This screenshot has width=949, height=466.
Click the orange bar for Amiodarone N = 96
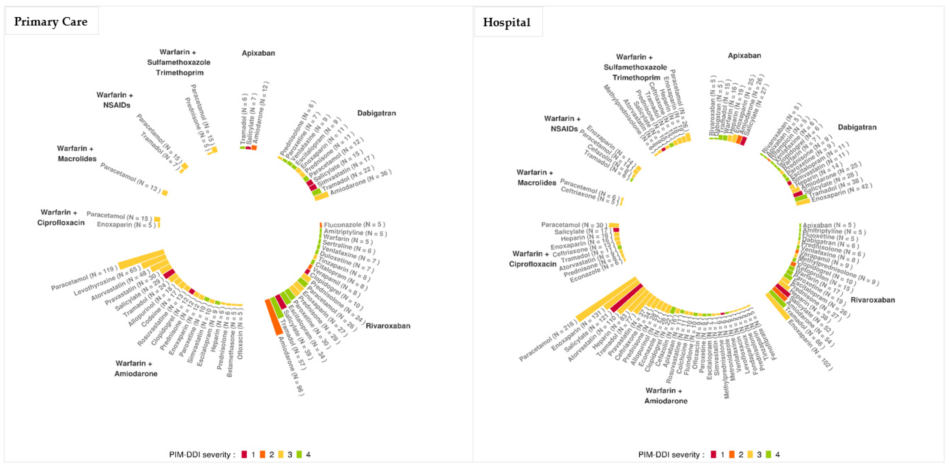click(273, 317)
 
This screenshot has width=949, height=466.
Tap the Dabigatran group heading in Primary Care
click(377, 113)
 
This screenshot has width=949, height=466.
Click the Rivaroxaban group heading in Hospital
click(872, 300)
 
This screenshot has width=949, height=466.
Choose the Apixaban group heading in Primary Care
click(258, 53)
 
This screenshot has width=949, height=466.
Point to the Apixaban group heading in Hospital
click(744, 56)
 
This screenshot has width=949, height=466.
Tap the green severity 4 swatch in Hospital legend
click(768, 454)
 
